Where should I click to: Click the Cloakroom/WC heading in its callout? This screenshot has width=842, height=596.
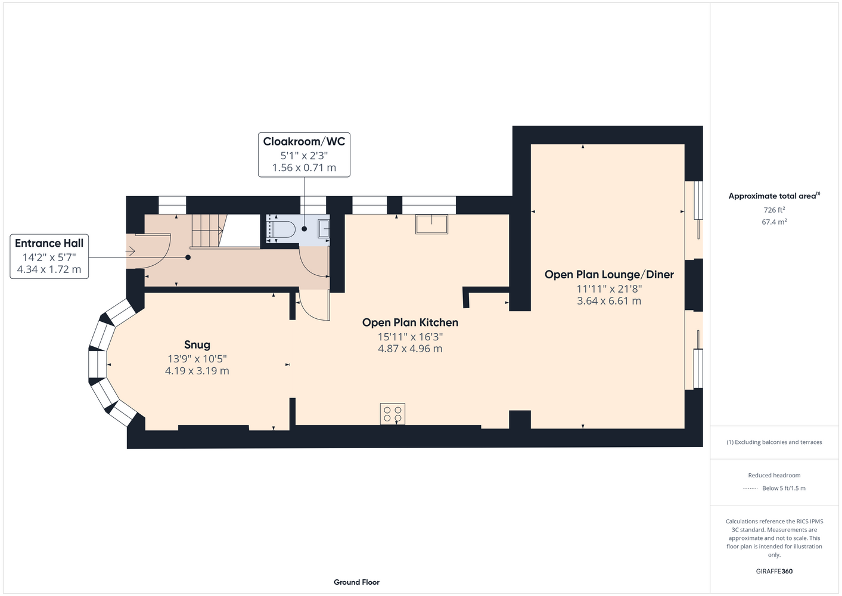click(x=304, y=141)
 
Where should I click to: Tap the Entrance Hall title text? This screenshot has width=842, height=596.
click(x=49, y=243)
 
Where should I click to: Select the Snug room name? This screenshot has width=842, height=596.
click(x=197, y=345)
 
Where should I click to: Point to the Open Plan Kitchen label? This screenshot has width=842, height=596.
click(x=410, y=322)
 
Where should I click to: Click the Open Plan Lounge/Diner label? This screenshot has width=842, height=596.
click(x=609, y=275)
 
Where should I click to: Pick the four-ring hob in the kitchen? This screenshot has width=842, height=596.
click(x=393, y=414)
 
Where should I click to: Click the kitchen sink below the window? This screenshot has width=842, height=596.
click(x=431, y=224)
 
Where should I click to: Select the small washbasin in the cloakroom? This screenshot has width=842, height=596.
click(x=324, y=229)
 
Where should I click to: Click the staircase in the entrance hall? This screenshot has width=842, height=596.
click(x=207, y=231)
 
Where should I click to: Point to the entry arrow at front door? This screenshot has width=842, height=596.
click(x=130, y=251)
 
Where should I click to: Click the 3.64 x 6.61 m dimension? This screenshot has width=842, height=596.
click(x=609, y=301)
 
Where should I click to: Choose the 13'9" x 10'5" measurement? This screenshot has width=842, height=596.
click(x=197, y=359)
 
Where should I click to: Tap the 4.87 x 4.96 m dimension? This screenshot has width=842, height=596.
click(x=410, y=349)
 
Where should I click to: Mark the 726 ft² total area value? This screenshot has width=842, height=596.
click(x=774, y=210)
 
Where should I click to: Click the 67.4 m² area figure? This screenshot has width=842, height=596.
click(x=774, y=222)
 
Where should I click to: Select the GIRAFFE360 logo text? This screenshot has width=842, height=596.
click(x=774, y=571)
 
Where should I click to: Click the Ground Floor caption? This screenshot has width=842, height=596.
click(x=356, y=582)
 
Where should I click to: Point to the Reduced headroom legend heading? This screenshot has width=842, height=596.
click(x=774, y=475)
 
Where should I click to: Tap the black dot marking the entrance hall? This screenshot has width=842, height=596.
click(x=188, y=257)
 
